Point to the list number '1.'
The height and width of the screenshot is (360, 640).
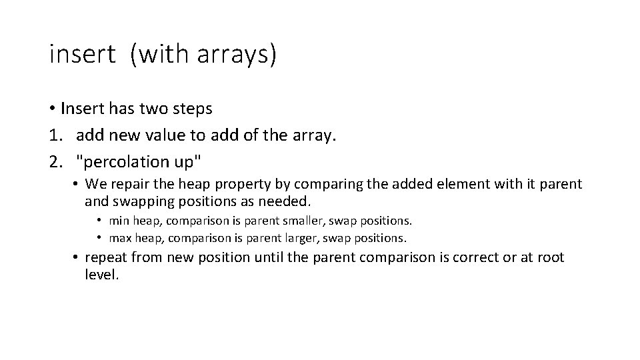point(56,136)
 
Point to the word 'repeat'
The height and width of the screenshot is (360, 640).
point(107,258)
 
